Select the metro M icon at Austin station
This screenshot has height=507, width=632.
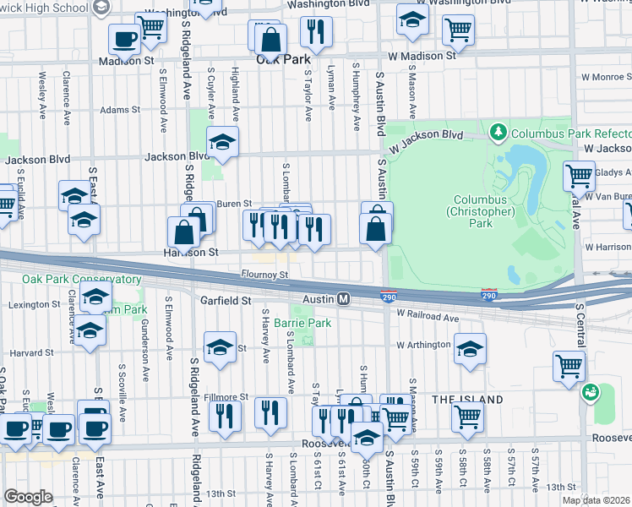[344, 299]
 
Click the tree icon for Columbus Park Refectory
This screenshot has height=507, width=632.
[499, 133]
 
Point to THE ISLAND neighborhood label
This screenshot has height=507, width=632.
[468, 399]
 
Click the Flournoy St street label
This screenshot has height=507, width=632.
[264, 274]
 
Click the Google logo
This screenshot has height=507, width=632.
[28, 497]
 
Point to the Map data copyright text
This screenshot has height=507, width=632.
[597, 500]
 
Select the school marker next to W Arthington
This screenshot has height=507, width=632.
[470, 347]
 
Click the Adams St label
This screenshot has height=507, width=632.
[119, 110]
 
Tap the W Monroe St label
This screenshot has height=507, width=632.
[605, 76]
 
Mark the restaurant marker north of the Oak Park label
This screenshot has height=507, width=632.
[316, 32]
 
